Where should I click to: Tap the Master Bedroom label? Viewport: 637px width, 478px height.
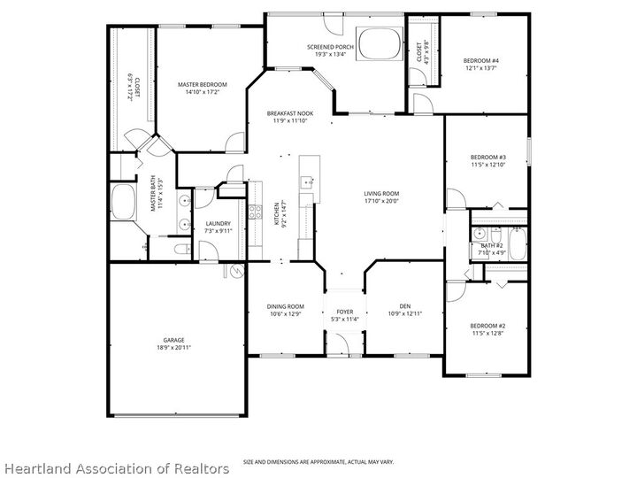click(203, 85)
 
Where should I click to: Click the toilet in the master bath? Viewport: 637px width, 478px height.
click(181, 249)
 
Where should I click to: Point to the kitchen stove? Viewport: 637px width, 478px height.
click(254, 212)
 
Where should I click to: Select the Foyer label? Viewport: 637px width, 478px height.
click(344, 312)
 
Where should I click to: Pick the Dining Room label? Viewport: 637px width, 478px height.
click(286, 306)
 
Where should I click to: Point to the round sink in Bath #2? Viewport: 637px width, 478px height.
click(478, 234)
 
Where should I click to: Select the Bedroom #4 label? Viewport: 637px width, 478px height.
click(481, 60)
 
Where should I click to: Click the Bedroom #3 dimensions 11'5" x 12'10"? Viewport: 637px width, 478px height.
click(487, 165)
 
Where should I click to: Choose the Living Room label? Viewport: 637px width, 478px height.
click(381, 193)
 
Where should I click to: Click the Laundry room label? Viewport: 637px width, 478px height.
click(218, 223)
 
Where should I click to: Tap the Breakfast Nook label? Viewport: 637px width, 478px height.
click(291, 113)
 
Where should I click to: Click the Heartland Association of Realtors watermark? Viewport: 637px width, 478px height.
click(115, 466)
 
